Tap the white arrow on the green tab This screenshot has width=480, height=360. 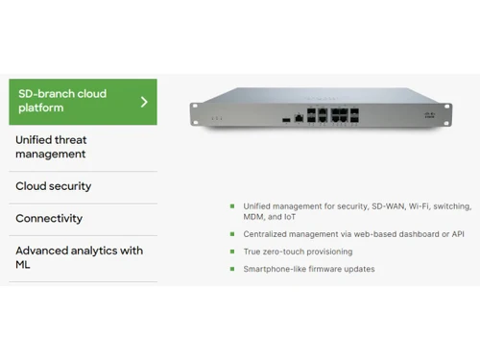[144, 101]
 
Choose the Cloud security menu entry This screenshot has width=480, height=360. [54, 185]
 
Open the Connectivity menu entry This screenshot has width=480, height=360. [49, 218]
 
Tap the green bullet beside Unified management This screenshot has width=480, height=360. [231, 205]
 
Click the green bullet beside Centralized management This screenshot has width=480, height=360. [231, 234]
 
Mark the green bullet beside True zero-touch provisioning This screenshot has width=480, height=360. [231, 252]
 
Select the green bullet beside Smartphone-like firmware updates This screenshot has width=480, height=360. [231, 269]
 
